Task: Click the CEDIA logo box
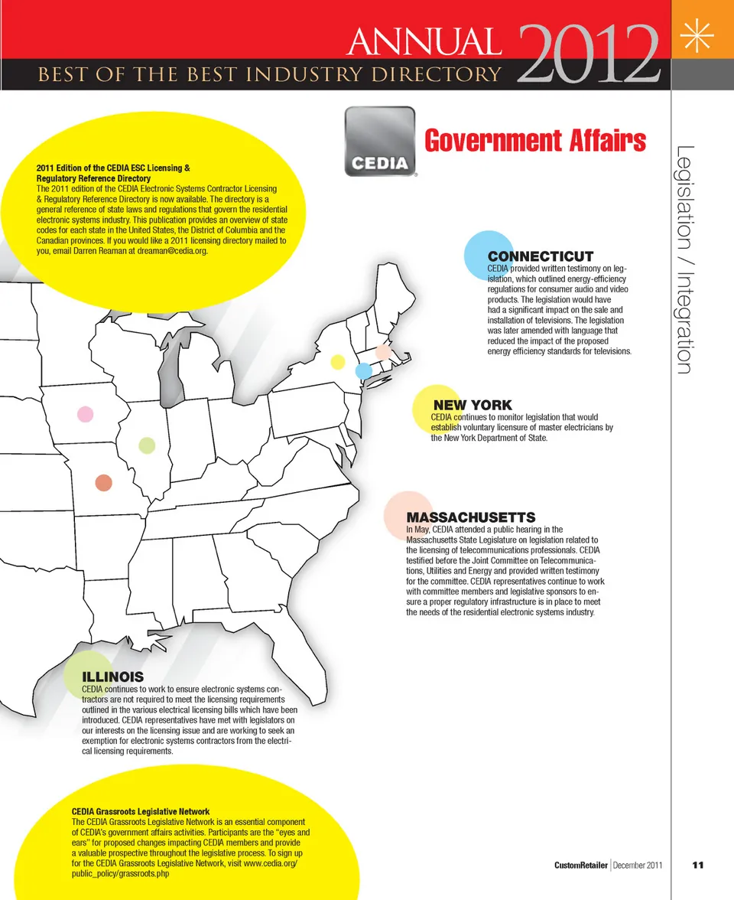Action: (380, 142)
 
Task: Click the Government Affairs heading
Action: (534, 141)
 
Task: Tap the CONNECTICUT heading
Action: (541, 256)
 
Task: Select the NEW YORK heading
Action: (473, 405)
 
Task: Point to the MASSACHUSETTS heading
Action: (470, 517)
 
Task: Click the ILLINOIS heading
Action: (113, 677)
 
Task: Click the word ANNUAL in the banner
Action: (424, 42)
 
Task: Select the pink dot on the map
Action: (86, 414)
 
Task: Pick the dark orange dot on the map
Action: (103, 482)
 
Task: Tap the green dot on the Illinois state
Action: (147, 445)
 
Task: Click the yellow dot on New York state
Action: (337, 362)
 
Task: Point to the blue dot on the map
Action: (364, 370)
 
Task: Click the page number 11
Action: (697, 866)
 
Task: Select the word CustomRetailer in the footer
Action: (581, 866)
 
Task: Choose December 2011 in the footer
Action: (638, 866)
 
